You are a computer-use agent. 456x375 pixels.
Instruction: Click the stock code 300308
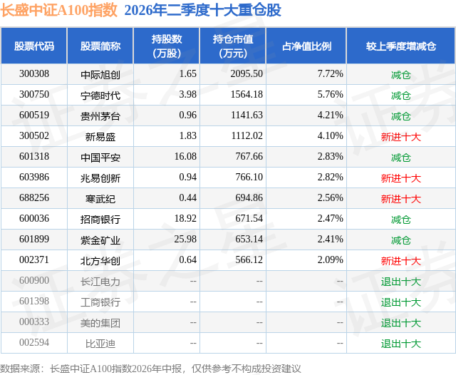click(x=34, y=74)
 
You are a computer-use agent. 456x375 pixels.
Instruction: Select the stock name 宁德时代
click(x=100, y=95)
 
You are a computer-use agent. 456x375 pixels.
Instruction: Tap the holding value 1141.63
click(x=247, y=115)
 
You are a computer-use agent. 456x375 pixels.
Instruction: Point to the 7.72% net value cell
click(x=331, y=74)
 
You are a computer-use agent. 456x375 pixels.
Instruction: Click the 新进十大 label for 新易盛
click(x=401, y=136)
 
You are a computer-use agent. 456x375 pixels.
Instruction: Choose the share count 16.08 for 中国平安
click(x=185, y=157)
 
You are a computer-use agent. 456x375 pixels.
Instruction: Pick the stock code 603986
click(x=34, y=178)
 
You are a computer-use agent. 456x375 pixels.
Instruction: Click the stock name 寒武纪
click(x=100, y=198)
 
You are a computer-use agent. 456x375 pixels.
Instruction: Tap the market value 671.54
click(x=249, y=218)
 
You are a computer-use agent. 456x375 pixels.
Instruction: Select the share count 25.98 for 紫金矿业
click(x=185, y=239)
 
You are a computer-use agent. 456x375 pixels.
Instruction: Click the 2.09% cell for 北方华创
click(x=331, y=260)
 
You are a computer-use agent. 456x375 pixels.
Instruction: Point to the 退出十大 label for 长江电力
click(x=401, y=281)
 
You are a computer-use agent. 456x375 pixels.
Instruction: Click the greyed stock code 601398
click(x=34, y=301)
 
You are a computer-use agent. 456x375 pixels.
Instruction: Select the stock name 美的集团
click(x=100, y=322)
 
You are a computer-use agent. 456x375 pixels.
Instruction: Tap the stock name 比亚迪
click(x=100, y=343)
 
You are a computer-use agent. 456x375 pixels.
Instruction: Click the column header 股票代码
click(x=34, y=46)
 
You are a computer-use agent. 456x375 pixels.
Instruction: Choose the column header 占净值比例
click(x=306, y=46)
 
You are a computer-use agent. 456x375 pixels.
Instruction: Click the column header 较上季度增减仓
click(x=401, y=46)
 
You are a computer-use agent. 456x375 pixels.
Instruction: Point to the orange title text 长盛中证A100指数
click(x=58, y=10)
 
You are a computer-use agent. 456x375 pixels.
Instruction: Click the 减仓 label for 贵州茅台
click(x=401, y=115)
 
